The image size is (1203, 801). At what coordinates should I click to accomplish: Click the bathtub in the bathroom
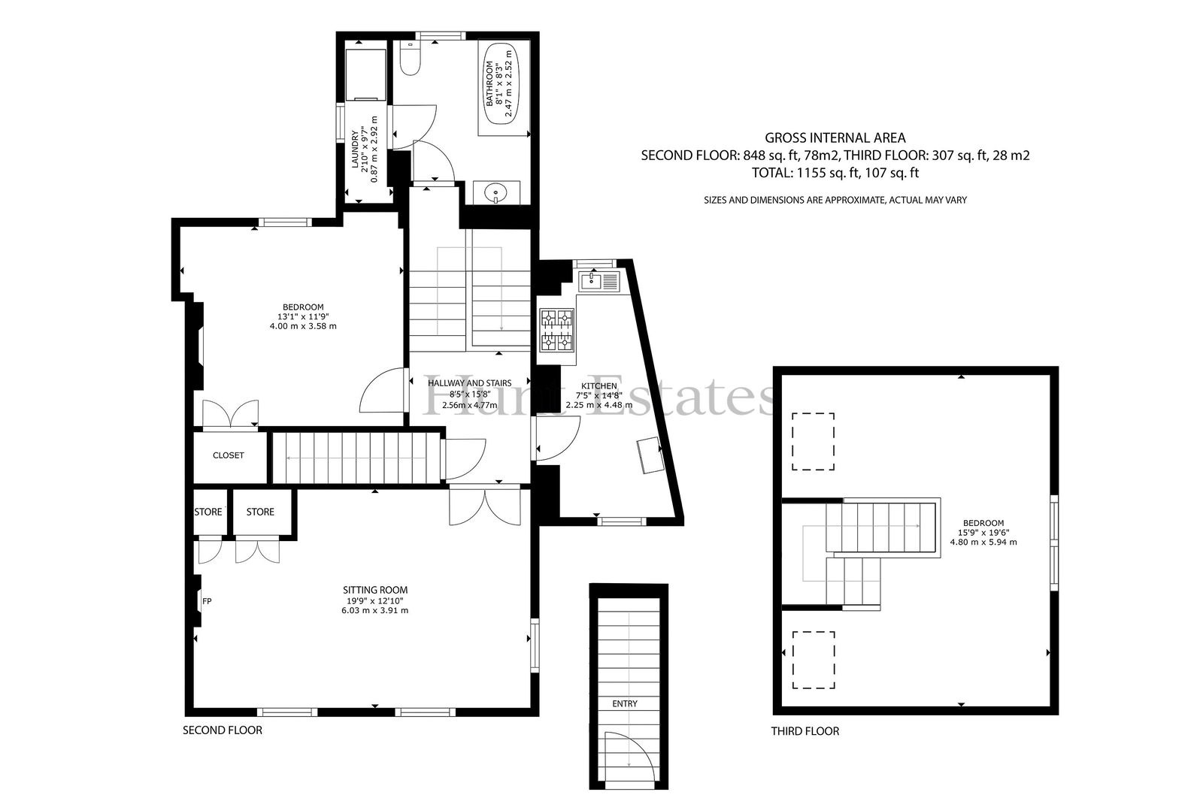point(502,83)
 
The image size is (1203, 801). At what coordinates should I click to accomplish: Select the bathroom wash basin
point(493,192)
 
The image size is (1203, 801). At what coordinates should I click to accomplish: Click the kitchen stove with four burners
point(556,330)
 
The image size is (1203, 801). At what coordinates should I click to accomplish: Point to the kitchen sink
point(599,281)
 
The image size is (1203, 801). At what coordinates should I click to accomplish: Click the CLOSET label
point(229,455)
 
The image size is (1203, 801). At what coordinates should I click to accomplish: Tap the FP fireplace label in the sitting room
point(207,601)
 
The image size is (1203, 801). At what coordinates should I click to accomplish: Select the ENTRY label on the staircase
point(625,703)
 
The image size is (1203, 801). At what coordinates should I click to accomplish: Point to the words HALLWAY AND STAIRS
point(469,382)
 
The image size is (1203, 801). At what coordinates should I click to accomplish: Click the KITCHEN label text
point(598,386)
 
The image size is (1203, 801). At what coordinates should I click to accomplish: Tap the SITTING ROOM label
point(375,590)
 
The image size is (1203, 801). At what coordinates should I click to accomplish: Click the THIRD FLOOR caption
point(805,731)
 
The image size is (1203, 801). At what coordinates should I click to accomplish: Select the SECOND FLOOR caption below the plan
point(223,730)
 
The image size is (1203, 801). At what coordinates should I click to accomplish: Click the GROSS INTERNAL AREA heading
point(835,138)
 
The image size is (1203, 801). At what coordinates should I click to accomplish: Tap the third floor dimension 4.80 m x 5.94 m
point(983,543)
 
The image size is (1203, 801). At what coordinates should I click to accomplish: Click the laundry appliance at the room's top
point(365,74)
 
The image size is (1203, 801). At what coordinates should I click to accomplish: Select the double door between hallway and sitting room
point(484,505)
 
